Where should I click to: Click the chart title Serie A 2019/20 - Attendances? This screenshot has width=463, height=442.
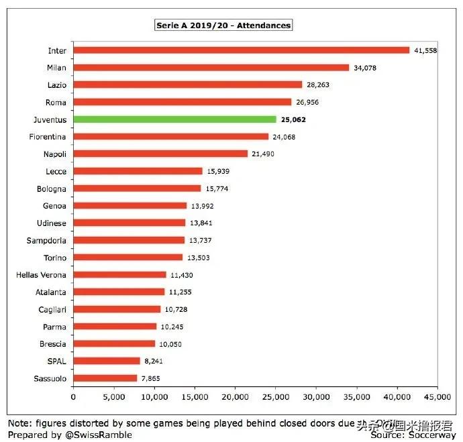coord(223,25)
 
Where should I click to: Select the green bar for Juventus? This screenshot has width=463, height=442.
coord(174,119)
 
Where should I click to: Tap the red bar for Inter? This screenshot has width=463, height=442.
coord(241,50)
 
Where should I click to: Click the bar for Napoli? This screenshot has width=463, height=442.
coord(160,154)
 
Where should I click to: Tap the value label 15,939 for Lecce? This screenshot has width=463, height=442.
coord(218,171)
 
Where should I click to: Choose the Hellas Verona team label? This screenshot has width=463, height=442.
coord(41,275)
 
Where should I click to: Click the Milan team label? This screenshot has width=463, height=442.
coord(56,68)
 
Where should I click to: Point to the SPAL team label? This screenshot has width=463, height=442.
coord(56,362)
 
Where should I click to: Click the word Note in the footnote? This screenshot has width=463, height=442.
coord(19,425)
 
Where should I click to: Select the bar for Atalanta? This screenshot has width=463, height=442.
coord(119,292)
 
